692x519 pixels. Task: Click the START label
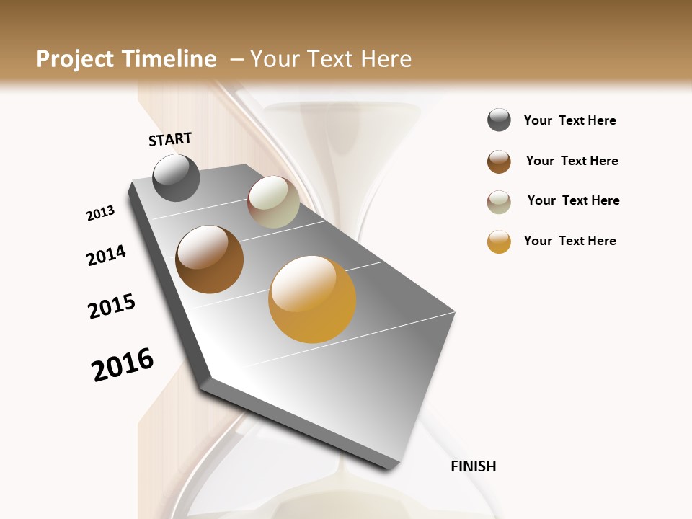[x=170, y=139]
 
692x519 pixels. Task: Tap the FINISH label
[x=473, y=466]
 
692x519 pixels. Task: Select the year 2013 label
[x=100, y=213]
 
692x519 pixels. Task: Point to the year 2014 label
[x=106, y=255]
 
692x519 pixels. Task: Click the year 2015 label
[x=112, y=306]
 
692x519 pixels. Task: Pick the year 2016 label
[x=123, y=365]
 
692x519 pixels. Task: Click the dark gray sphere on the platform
[x=176, y=177]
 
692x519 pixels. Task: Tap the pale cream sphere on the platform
[x=273, y=202]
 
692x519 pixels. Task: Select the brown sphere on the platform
[x=209, y=259]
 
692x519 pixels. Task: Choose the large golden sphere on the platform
[x=312, y=298]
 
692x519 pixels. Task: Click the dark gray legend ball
[x=499, y=120]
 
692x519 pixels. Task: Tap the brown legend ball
[x=499, y=161]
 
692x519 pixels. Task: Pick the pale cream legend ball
[x=499, y=202]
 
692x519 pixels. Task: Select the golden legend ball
[x=499, y=241]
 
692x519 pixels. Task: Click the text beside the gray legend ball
[x=569, y=120]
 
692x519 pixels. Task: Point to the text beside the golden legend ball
[x=569, y=241]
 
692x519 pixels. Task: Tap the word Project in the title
[x=76, y=59]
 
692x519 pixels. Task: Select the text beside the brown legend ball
[x=572, y=161]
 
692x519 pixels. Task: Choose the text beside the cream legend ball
[x=573, y=200]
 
